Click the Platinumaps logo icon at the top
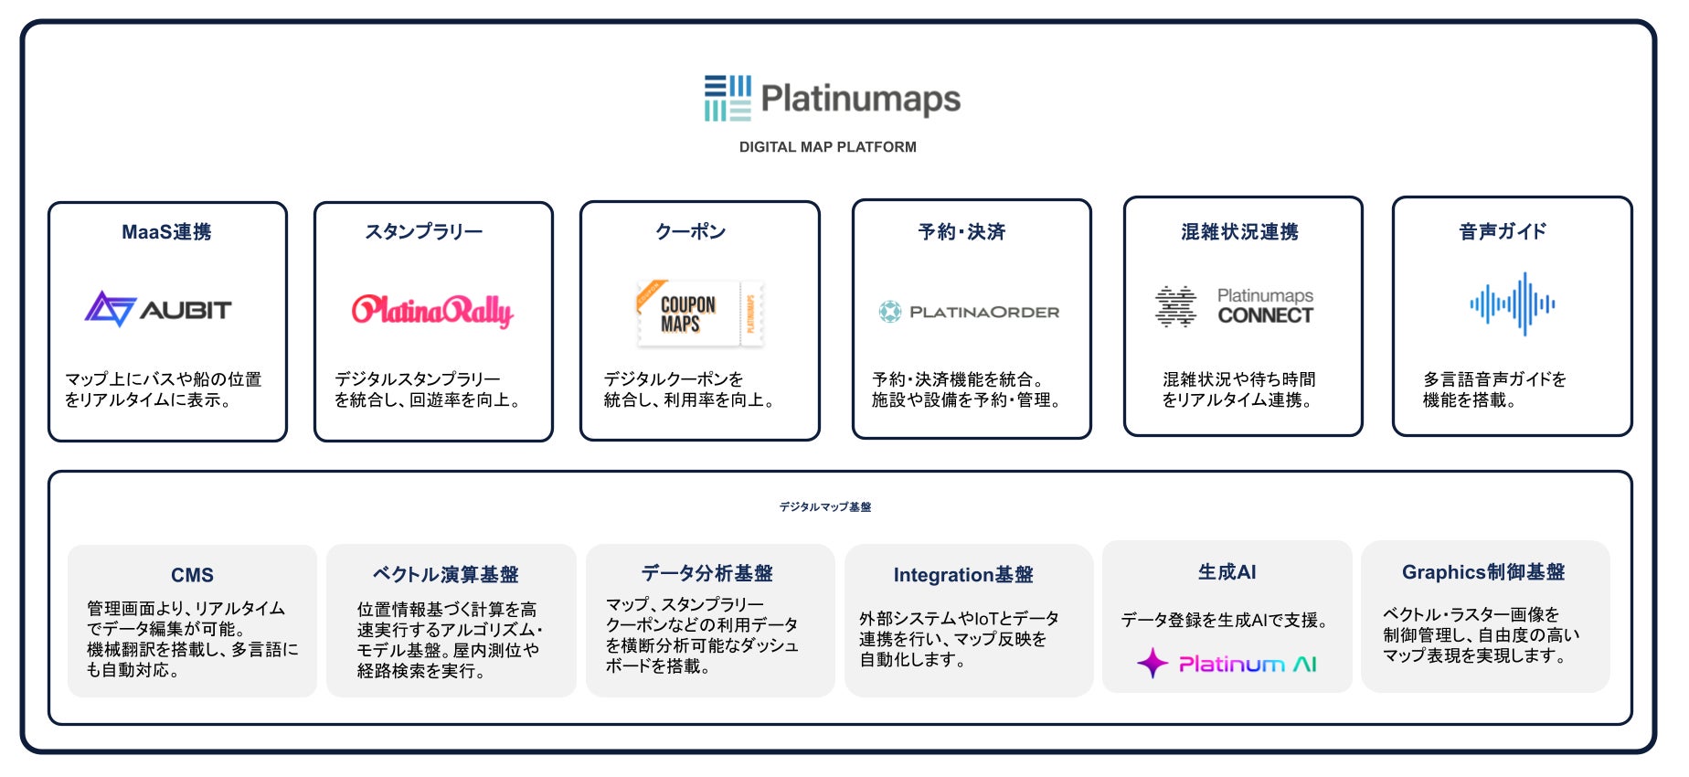point(728,99)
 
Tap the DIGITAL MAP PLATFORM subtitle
point(827,147)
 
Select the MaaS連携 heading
point(166,232)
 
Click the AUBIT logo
point(158,309)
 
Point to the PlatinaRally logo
point(432,311)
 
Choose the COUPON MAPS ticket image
point(699,314)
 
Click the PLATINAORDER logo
point(969,312)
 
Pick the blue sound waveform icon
point(1512,303)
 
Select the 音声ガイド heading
point(1503,232)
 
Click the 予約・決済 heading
point(961,232)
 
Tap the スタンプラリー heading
point(424,232)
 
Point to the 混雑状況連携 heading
point(1239,232)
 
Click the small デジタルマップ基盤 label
point(824,507)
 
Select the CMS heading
point(192,575)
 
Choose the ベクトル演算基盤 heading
point(445,575)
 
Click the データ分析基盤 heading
point(706,573)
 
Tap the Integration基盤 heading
point(963,575)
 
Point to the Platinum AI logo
point(1227,663)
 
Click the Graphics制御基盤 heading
point(1483,572)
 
